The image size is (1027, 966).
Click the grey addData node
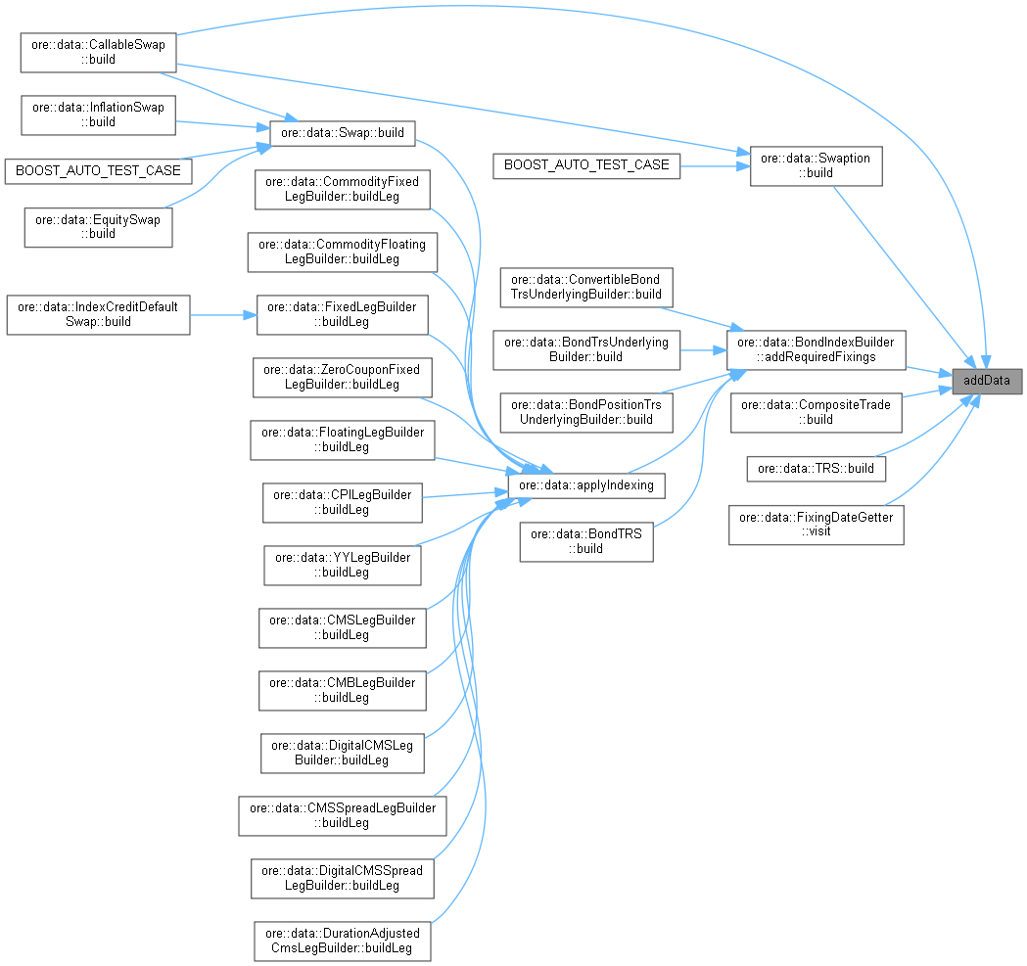click(987, 380)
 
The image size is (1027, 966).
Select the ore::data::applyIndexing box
click(586, 484)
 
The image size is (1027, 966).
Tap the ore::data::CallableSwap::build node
click(98, 51)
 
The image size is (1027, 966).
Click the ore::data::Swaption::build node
click(816, 164)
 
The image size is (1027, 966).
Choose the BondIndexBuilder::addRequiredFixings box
click(816, 349)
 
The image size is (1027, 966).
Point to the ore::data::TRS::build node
click(816, 469)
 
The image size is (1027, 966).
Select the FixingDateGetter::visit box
click(816, 524)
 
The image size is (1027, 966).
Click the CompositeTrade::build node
click(816, 411)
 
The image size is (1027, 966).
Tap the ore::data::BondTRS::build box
click(585, 540)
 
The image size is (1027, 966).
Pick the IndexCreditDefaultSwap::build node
click(98, 314)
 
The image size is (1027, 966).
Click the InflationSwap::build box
click(98, 115)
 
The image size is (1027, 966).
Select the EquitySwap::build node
click(98, 226)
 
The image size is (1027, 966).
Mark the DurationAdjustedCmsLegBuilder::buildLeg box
click(342, 940)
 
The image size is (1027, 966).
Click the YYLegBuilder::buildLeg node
click(342, 565)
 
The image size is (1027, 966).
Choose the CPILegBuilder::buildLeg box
click(342, 502)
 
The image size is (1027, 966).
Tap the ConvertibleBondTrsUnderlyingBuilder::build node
click(585, 287)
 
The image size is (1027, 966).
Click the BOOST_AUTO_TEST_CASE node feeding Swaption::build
click(585, 164)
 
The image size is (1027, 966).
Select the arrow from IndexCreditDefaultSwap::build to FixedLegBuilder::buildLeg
click(222, 315)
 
